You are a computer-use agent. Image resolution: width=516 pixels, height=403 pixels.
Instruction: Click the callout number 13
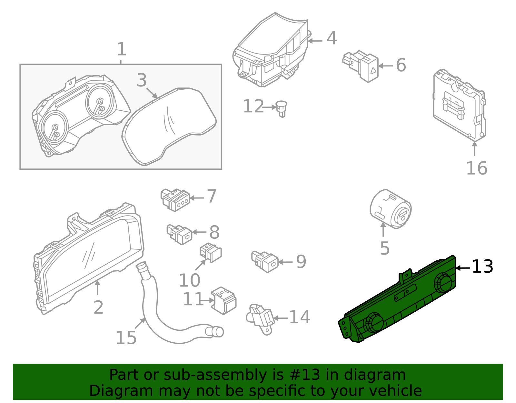[482, 267]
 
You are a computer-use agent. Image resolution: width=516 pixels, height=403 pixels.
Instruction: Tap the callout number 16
[476, 168]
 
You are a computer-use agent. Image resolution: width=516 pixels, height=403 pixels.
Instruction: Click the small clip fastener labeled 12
[282, 108]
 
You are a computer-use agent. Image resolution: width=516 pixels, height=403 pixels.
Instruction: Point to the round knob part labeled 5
[390, 209]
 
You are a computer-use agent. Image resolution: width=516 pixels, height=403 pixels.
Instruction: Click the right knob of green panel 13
[443, 283]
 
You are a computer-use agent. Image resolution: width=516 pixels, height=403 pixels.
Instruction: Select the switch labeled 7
[175, 199]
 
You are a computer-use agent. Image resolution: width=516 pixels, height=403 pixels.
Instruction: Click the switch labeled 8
[180, 234]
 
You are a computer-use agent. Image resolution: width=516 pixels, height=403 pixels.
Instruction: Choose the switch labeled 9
[265, 261]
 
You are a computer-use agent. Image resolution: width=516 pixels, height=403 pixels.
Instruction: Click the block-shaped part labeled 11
[224, 300]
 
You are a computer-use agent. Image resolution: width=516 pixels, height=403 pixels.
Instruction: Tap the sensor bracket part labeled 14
[261, 318]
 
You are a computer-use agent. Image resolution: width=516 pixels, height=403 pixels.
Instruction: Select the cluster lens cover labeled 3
[169, 126]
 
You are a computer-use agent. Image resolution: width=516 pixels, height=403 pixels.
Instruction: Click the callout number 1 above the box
[121, 49]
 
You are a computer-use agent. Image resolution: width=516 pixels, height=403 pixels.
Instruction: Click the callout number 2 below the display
[98, 307]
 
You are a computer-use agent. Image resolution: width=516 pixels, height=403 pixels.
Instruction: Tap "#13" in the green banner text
[305, 375]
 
